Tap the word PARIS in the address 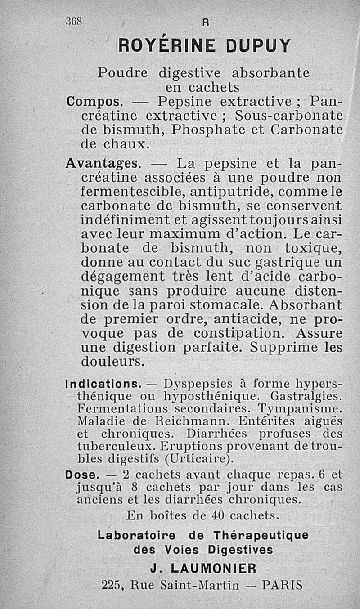(282, 585)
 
